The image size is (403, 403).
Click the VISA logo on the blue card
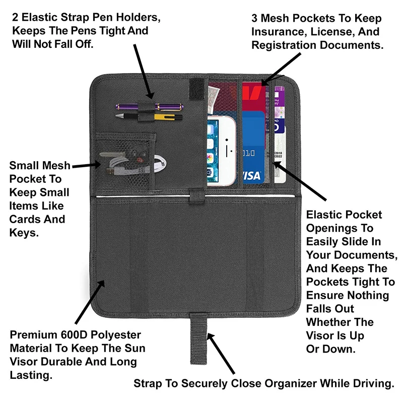tap(250, 175)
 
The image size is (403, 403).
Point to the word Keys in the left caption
tap(23, 233)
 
